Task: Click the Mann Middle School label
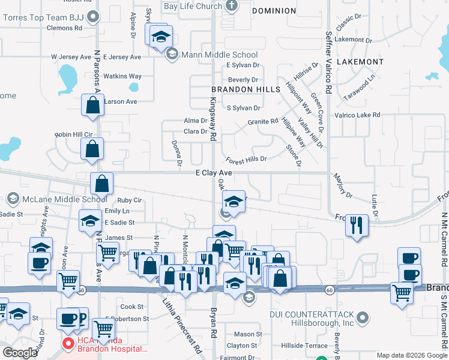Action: pyautogui.click(x=219, y=55)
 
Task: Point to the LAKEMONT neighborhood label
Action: pyautogui.click(x=360, y=62)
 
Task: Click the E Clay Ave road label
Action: pyautogui.click(x=214, y=173)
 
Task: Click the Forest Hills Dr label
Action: pyautogui.click(x=246, y=160)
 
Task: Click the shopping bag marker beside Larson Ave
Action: pyautogui.click(x=92, y=106)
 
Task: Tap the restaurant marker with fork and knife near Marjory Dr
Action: pyautogui.click(x=357, y=225)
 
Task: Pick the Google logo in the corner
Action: pyautogui.click(x=20, y=353)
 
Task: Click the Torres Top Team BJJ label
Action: pyautogui.click(x=42, y=16)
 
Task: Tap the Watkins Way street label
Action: pyautogui.click(x=122, y=76)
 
